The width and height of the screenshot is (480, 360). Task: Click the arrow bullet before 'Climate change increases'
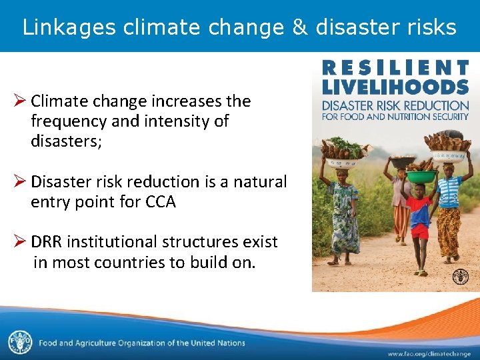coord(19,101)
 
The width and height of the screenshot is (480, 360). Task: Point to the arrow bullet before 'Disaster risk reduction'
coord(19,181)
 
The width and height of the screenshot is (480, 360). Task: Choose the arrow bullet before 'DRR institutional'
coord(19,241)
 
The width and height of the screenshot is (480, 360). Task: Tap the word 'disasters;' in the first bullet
coord(66,141)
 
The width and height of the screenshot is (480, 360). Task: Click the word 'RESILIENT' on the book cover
coord(396,67)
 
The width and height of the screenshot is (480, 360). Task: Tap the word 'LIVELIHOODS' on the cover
coord(396,87)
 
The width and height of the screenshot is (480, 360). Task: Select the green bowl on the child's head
coord(419,177)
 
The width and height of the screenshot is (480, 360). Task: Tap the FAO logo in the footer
coord(19,342)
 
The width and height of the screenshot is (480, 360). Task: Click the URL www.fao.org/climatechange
coord(429,353)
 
